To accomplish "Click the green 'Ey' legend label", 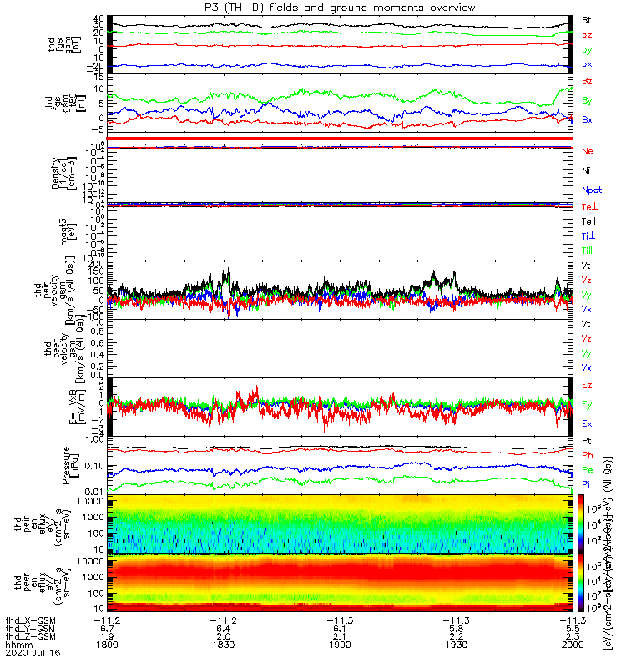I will (587, 404).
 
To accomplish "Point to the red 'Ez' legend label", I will (587, 385).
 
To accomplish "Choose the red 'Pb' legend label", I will (587, 456).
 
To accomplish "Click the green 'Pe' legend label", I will (587, 470).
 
